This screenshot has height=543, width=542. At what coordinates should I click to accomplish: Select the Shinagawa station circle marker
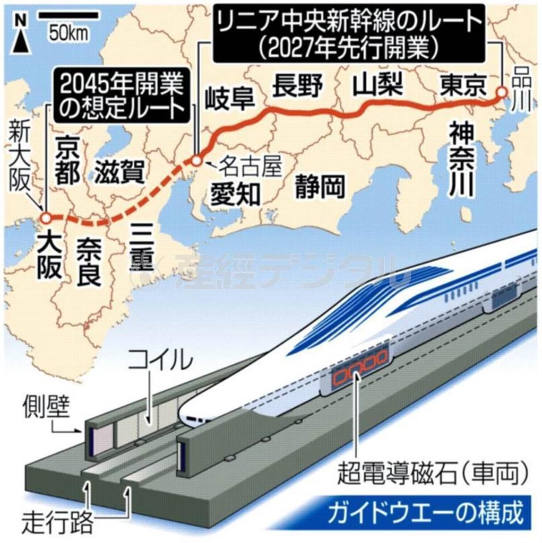point(501,93)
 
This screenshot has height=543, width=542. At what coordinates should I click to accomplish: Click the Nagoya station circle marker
point(196,159)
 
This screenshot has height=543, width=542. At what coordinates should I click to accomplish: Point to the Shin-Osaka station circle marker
point(46,218)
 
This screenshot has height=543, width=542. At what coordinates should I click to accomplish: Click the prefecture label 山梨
point(379,84)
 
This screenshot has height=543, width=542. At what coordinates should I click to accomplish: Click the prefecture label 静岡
point(320,186)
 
